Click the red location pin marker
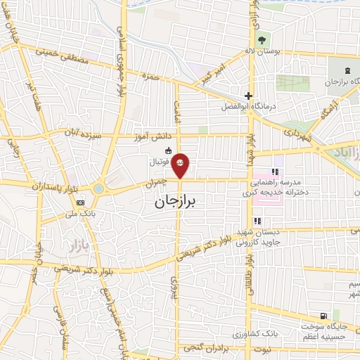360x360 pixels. pyautogui.click(x=181, y=165)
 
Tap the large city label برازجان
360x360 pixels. pyautogui.click(x=176, y=202)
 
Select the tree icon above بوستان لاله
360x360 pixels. pyautogui.click(x=262, y=39)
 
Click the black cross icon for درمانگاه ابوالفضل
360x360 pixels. pyautogui.click(x=247, y=96)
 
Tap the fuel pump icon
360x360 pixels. pyautogui.click(x=322, y=316)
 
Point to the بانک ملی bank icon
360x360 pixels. pyautogui.click(x=78, y=202)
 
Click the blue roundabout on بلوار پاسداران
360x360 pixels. pyautogui.click(x=98, y=188)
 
